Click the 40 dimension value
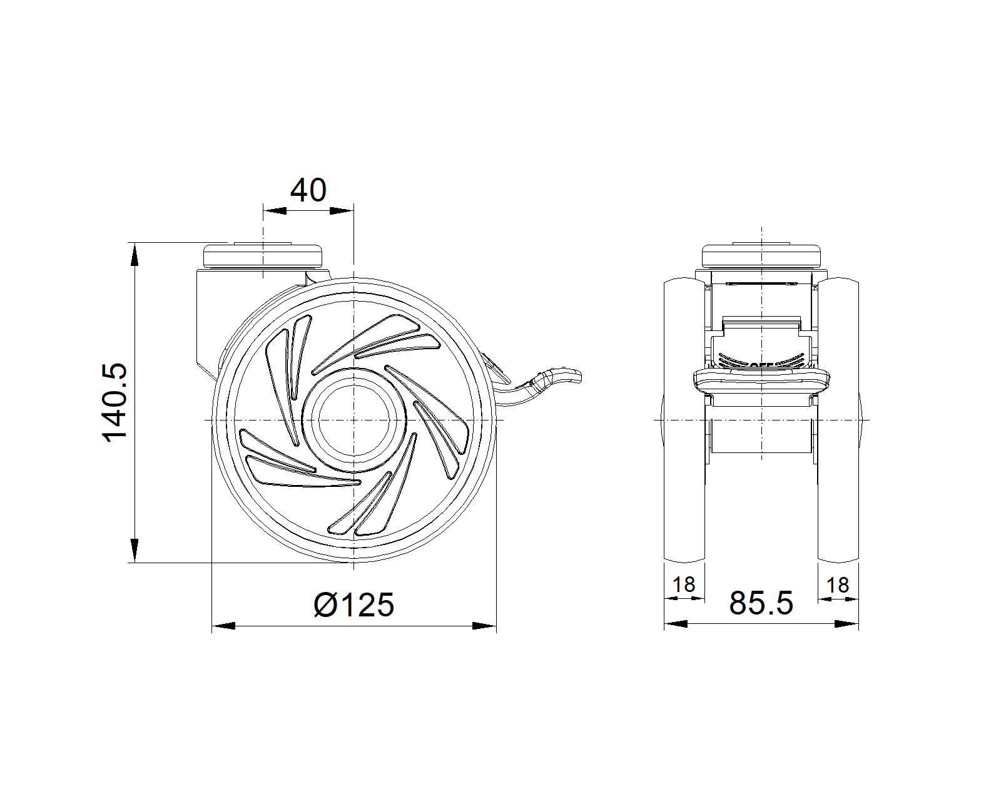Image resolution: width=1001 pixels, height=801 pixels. point(308,190)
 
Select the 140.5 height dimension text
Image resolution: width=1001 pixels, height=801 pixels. point(114,402)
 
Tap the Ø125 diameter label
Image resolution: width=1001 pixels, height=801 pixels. point(354,605)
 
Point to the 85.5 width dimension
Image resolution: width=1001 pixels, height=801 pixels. point(761,603)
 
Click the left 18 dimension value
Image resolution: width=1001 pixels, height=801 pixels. point(684,584)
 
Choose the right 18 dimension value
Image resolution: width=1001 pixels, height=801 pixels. point(838,585)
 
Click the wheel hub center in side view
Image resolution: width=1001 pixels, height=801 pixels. point(354,421)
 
